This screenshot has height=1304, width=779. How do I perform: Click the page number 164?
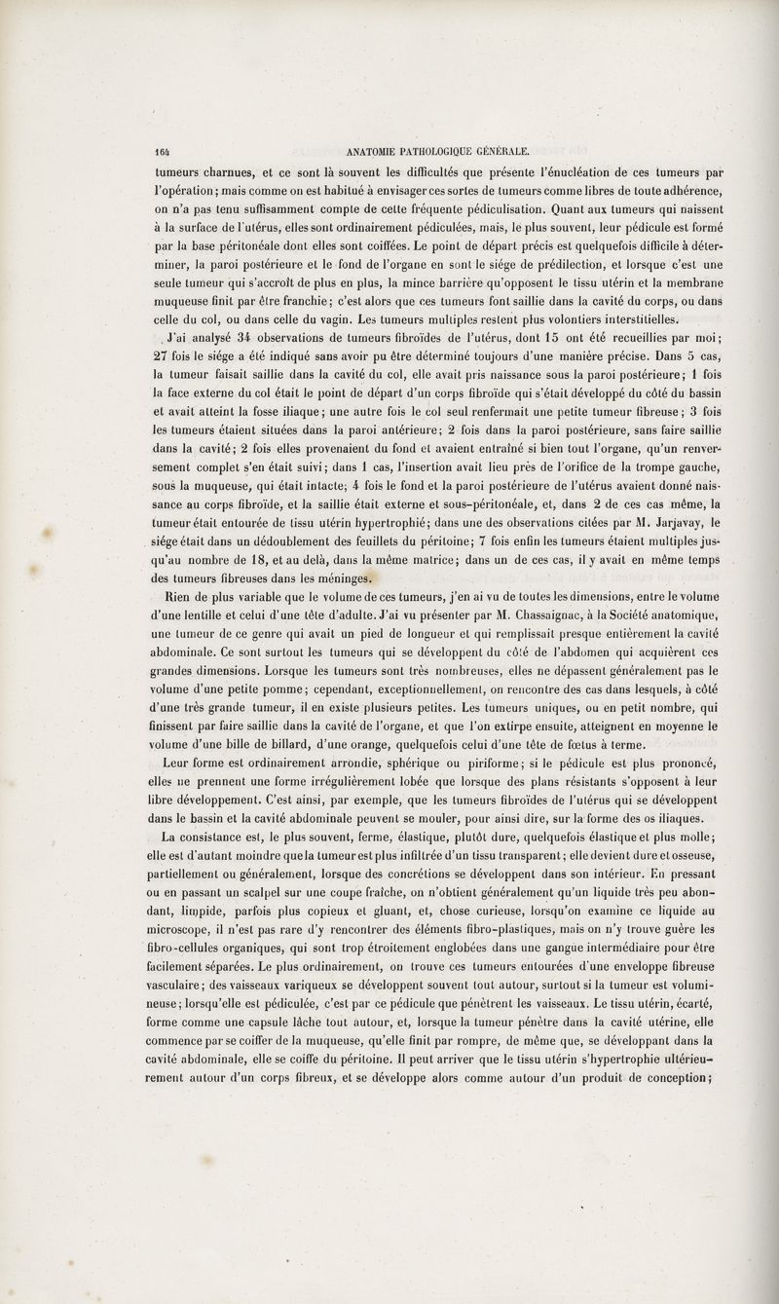click(x=156, y=151)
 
